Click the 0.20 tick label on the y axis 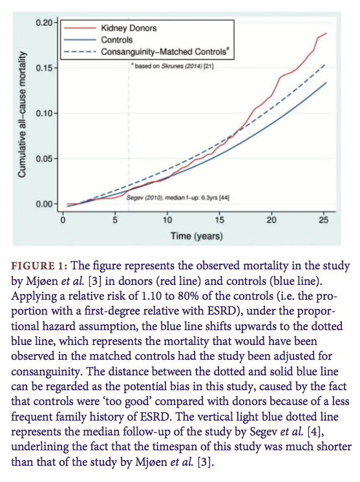(44, 23)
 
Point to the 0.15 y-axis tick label (44, 68)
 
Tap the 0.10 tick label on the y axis (44, 114)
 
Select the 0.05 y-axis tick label (44, 158)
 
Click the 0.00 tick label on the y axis (44, 204)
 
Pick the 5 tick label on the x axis (115, 220)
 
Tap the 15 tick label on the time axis (220, 220)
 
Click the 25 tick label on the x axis (324, 220)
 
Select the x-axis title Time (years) (196, 236)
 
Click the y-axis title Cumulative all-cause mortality (21, 114)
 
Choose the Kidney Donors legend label (129, 28)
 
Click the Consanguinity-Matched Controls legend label (165, 52)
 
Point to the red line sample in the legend (80, 28)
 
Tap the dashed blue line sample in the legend (80, 52)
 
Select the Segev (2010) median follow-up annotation (178, 197)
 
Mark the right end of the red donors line (326, 33)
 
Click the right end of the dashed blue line (325, 65)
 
